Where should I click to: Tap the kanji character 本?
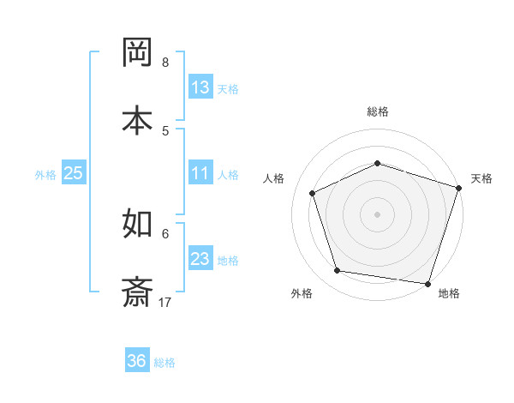[138, 119]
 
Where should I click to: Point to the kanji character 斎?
[138, 291]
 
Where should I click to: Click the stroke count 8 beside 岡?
[165, 63]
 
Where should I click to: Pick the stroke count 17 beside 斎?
[166, 302]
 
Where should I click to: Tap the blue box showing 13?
[200, 87]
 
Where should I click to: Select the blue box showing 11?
[200, 173]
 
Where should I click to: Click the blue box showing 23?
[200, 259]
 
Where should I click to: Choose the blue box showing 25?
[74, 173]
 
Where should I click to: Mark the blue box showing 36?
[137, 361]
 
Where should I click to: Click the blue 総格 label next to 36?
[164, 363]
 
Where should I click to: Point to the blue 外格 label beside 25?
[45, 175]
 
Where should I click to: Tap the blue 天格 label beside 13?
[228, 89]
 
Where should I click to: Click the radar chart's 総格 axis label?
[378, 111]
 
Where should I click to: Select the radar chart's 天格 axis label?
[481, 178]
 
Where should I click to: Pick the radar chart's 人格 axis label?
[274, 178]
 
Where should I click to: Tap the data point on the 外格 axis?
[338, 271]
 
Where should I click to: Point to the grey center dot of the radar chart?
[378, 214]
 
